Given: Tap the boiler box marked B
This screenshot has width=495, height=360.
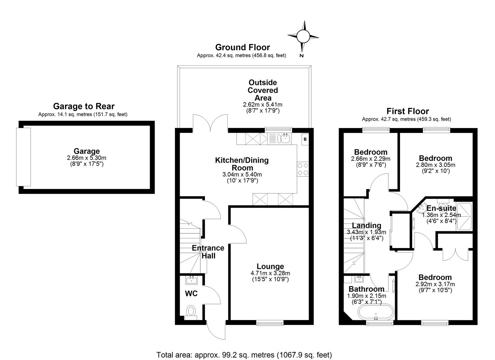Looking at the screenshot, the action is coord(305,139).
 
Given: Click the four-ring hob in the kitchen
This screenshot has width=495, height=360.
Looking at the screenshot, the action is coord(303,169).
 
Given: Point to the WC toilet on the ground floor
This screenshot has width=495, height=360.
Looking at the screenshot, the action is coord(191,312).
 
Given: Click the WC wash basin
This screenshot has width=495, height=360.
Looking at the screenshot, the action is coord(192,280).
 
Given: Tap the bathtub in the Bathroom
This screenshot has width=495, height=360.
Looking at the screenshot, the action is coord(376,312).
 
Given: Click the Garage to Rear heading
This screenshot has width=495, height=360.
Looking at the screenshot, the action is coord(84,106).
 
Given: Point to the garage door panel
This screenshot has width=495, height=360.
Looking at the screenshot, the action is coord(23,157).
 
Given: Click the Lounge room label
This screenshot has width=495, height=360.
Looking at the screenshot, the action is coord(270,266).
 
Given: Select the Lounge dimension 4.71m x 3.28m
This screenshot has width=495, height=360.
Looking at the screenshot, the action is coord(270,273).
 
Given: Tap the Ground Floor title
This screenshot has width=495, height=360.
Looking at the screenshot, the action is coord(242,47).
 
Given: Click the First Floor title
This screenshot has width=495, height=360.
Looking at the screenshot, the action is coord(408,111).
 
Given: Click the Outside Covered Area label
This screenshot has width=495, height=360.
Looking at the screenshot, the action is coord(263,90).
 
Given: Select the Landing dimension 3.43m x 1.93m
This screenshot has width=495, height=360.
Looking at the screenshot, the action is coord(367,232).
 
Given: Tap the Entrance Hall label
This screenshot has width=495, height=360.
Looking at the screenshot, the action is coord(208,252).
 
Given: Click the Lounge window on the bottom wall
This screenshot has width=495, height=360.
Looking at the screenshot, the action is coord(270,323).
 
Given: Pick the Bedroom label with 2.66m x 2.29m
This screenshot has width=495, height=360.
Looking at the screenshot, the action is coord(371,152).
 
